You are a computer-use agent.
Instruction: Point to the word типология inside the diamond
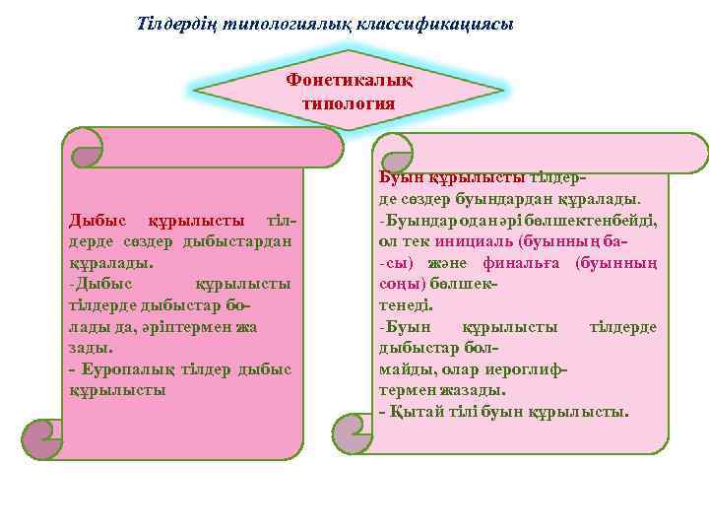click(x=349, y=102)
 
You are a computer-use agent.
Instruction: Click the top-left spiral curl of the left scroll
click(x=84, y=150)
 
